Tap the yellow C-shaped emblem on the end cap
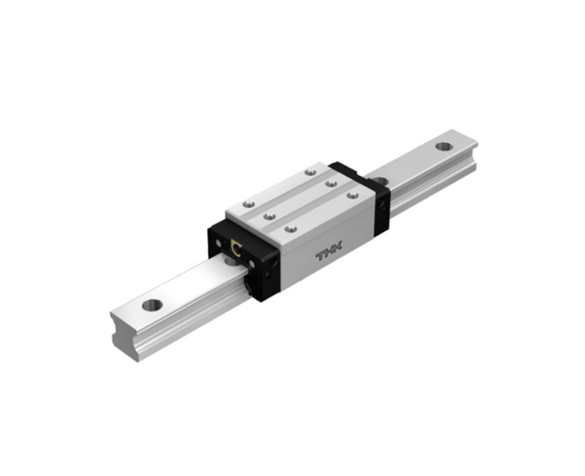point(236,247)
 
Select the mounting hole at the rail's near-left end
point(152,305)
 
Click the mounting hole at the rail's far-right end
point(444,146)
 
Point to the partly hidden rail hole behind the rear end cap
point(380,182)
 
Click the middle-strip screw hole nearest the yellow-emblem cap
point(269,216)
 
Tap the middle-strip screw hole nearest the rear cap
point(331,183)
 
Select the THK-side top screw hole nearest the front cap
point(291,229)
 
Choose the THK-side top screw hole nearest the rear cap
point(353,195)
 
